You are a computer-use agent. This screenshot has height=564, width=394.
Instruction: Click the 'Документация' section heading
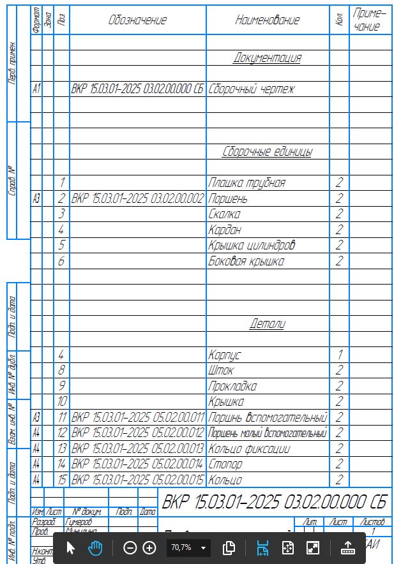point(267,58)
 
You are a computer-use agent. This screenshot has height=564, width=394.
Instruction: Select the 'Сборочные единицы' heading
point(267,152)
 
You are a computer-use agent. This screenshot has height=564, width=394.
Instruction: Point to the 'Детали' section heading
point(267,323)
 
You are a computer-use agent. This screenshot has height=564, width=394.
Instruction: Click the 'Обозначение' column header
point(137,20)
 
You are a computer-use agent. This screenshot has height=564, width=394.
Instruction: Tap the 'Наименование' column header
point(267,20)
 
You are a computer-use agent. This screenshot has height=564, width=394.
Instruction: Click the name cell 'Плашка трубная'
point(246,183)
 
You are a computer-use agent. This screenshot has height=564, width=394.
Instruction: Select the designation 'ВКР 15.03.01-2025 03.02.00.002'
point(138,198)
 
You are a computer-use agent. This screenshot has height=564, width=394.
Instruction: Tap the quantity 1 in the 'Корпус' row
point(339,354)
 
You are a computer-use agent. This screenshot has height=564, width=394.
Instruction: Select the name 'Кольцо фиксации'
point(249,449)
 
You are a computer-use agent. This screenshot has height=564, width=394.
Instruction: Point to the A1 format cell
point(36,89)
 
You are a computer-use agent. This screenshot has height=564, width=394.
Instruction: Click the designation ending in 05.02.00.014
point(138,464)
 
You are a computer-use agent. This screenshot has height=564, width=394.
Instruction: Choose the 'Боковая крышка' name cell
point(246,261)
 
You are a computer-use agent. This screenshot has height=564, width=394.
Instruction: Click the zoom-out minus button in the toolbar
point(130,547)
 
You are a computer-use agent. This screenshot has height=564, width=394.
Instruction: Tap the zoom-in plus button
point(149,547)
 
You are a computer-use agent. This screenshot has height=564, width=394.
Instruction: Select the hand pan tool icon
point(95,547)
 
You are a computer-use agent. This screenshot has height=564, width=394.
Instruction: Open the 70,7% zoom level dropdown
point(204,547)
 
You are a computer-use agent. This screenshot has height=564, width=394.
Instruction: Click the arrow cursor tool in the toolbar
point(71,547)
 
